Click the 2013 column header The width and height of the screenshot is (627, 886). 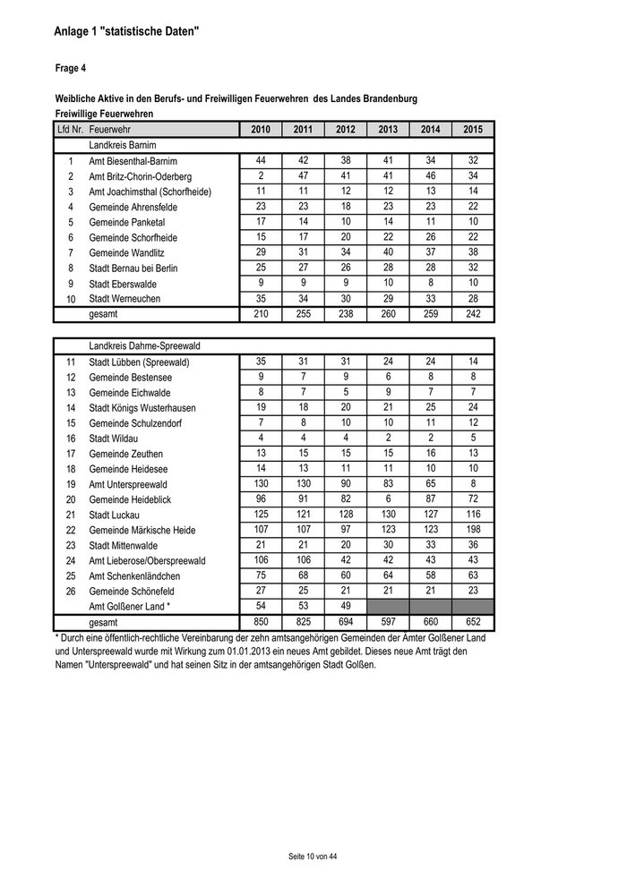388,130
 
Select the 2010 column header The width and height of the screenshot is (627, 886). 261,130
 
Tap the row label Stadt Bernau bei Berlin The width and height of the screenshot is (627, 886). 133,268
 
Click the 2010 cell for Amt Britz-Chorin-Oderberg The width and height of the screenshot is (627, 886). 261,175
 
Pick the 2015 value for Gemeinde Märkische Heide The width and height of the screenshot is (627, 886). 473,529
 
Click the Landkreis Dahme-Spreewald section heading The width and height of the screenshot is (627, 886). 142,345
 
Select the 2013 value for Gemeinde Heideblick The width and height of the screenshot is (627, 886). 388,498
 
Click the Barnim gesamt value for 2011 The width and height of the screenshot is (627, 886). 303,314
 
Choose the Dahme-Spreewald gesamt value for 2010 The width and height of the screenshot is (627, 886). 261,621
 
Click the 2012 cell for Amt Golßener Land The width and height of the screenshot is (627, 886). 346,606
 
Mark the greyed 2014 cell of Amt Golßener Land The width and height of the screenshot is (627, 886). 431,606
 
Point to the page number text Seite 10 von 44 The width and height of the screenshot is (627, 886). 313,856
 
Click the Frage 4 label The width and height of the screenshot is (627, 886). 71,67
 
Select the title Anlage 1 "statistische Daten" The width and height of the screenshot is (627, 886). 126,32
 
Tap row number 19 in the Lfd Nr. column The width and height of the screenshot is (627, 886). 71,484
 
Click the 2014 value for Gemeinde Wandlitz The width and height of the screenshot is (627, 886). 431,251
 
